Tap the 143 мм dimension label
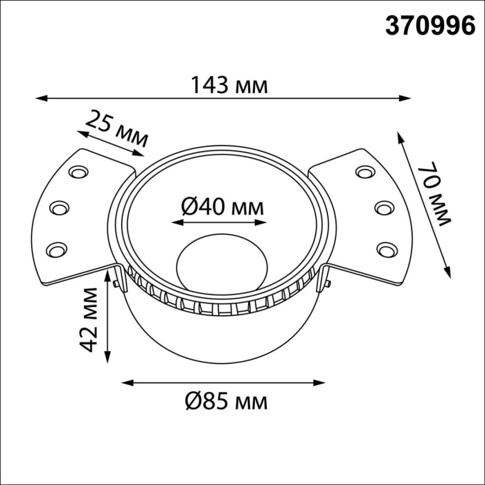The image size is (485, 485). [x=228, y=85]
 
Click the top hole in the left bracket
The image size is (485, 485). [x=78, y=171]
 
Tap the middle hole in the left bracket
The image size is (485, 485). [x=60, y=207]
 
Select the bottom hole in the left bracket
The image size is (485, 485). [x=57, y=248]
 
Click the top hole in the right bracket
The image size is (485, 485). [x=364, y=171]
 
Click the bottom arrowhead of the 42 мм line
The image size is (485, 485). [x=107, y=358]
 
